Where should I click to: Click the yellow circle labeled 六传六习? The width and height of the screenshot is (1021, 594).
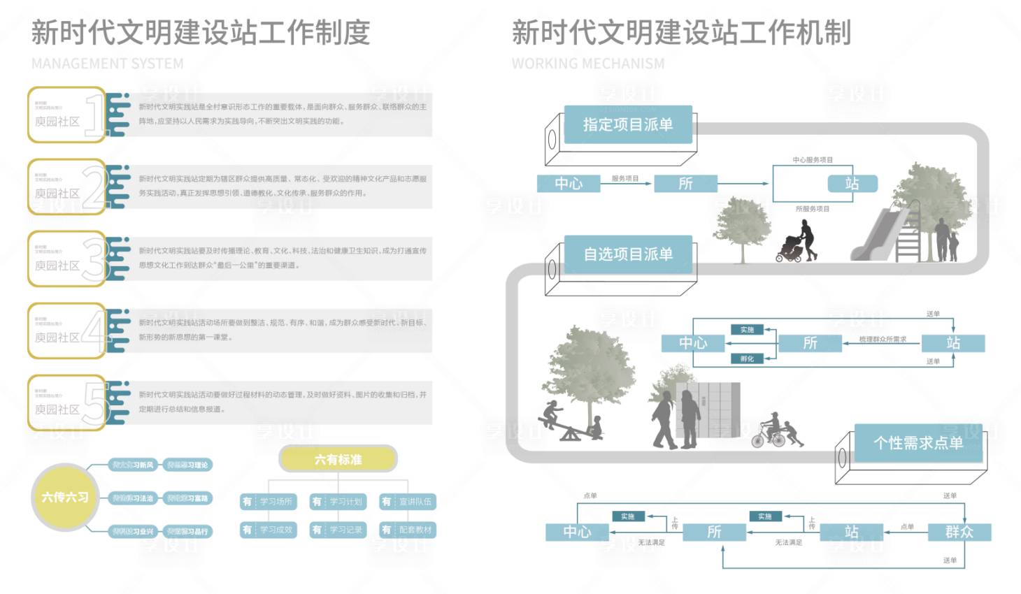[65, 497]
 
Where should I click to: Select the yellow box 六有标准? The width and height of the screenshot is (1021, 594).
[338, 459]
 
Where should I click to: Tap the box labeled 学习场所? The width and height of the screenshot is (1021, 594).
[269, 502]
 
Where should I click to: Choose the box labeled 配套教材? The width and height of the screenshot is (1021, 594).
[408, 530]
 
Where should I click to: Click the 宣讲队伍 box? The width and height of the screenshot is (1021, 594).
[408, 502]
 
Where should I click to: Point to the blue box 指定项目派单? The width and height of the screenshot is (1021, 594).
[627, 124]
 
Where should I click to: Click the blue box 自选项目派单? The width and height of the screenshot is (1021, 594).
[627, 254]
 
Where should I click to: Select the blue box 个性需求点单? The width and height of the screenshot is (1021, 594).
[918, 442]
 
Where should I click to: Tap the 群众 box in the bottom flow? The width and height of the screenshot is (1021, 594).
[959, 532]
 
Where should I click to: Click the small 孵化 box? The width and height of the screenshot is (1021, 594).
[748, 358]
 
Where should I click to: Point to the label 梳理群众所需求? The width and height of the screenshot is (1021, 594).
[883, 340]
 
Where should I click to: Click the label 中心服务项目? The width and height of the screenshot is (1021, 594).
[812, 160]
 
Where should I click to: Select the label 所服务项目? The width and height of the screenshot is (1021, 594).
[812, 209]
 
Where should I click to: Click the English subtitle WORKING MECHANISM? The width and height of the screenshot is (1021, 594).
[588, 64]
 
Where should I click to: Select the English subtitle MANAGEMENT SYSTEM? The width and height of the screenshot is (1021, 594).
[108, 64]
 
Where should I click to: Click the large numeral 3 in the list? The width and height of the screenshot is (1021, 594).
[93, 259]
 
